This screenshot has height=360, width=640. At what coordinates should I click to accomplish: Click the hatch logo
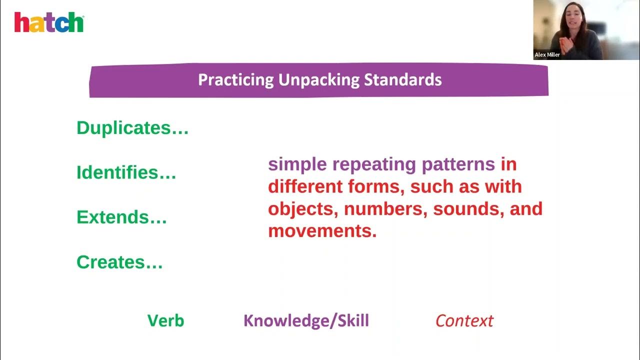[x=49, y=22]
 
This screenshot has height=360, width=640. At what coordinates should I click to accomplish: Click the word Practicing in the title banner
[x=236, y=80]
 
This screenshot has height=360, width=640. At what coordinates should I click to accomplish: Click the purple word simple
[x=297, y=164]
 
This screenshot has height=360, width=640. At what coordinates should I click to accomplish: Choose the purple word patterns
[x=458, y=164]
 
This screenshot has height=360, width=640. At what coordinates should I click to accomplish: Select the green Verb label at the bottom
[x=165, y=320]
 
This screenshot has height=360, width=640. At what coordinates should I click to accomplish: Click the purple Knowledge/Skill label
[x=306, y=320]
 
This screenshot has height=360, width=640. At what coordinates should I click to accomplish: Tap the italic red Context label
[x=464, y=320]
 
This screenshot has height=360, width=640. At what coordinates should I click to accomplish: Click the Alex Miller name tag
[x=547, y=55]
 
